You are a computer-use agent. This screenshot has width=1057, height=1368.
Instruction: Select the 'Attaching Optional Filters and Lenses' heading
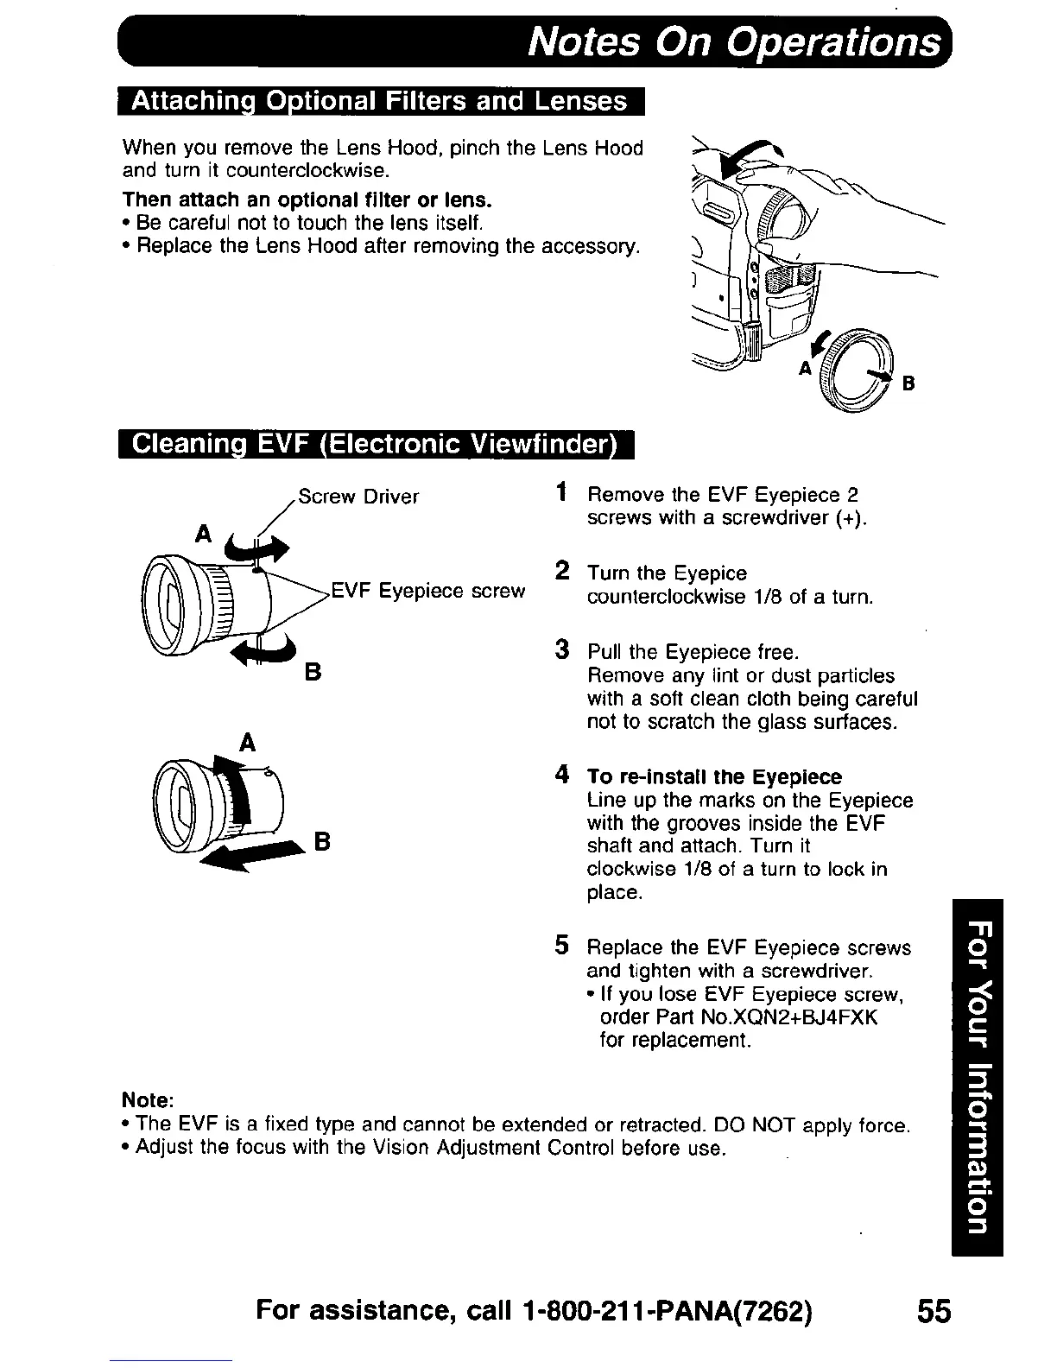pyautogui.click(x=380, y=101)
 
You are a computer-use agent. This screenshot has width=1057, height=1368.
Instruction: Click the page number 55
pyautogui.click(x=933, y=1311)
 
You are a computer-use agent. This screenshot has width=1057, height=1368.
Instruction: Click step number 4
pyautogui.click(x=561, y=775)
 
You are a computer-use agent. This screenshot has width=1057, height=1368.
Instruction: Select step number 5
pyautogui.click(x=561, y=946)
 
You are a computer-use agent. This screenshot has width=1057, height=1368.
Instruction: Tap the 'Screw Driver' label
pyautogui.click(x=358, y=497)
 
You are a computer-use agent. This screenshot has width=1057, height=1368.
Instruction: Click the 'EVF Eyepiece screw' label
pyautogui.click(x=428, y=591)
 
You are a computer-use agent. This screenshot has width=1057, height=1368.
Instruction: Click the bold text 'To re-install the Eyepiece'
pyautogui.click(x=714, y=776)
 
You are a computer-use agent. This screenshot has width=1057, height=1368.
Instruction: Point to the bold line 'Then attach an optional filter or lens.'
pyautogui.click(x=307, y=199)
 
